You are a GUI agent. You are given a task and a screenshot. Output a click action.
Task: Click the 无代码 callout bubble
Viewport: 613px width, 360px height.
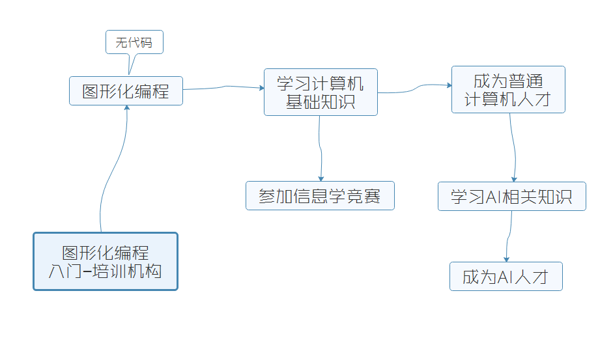[134, 42]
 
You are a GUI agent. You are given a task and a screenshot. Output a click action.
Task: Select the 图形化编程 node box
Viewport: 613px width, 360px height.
[126, 90]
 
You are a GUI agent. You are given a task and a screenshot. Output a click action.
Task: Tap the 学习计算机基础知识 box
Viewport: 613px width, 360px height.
[321, 92]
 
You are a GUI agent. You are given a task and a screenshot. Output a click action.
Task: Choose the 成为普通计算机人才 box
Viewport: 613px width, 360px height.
[508, 89]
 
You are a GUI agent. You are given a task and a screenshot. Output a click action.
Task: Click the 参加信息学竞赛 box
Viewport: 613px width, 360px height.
[320, 195]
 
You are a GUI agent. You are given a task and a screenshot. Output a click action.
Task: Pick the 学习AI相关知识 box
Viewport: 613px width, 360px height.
[511, 196]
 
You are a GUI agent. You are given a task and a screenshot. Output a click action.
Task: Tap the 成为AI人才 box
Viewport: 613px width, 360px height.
[506, 277]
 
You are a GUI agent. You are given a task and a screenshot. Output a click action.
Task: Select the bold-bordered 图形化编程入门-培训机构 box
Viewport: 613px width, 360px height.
[105, 261]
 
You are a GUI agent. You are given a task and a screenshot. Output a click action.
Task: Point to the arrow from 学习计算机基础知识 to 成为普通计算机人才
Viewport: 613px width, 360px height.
[414, 88]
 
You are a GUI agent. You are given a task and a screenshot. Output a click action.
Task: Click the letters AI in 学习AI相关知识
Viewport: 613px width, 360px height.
[493, 197]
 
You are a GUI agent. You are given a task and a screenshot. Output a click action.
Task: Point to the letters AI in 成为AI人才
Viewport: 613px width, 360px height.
[505, 277]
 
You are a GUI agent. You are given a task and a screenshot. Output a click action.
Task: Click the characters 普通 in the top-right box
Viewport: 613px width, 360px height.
[526, 81]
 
